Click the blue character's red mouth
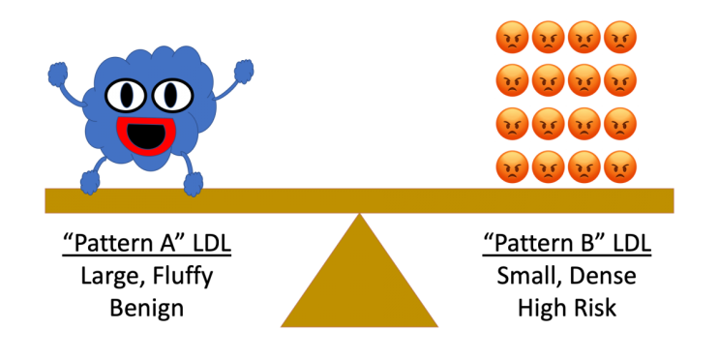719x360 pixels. coord(146,135)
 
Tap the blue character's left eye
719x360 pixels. coord(126,96)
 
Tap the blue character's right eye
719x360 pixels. coord(172,95)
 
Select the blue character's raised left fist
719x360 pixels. coord(58,75)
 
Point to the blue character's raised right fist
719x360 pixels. coord(244,72)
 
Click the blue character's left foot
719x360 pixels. coord(90,183)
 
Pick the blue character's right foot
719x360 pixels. coord(193,185)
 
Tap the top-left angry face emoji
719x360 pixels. coord(512,37)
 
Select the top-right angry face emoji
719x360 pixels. coord(620,37)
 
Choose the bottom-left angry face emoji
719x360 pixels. coord(512,166)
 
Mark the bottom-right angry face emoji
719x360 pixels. coord(620,166)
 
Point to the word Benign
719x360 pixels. coord(147,309)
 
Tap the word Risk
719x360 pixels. coord(593,308)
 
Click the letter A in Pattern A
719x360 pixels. coord(166,243)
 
